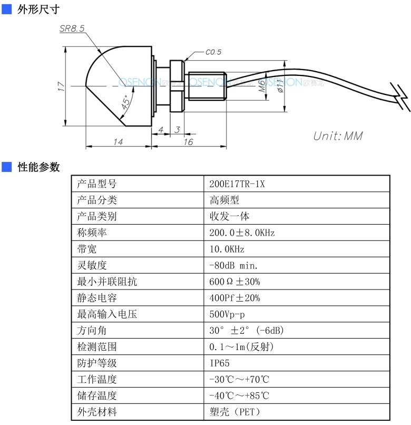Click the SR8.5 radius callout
click(x=72, y=28)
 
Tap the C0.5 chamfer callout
click(x=213, y=52)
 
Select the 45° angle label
click(x=125, y=102)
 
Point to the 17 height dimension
click(x=61, y=86)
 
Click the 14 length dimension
click(x=118, y=142)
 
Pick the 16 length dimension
click(x=188, y=142)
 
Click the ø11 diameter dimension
click(x=280, y=86)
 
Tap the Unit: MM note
click(x=338, y=136)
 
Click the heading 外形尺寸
click(x=38, y=9)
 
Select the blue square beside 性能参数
click(x=6, y=167)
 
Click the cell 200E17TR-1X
click(x=237, y=184)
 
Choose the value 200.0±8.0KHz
click(x=242, y=233)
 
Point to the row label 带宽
click(x=87, y=249)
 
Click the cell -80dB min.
click(x=233, y=265)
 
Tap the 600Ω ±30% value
click(x=234, y=282)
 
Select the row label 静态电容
click(x=97, y=298)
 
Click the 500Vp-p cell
click(x=227, y=314)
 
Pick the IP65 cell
click(x=219, y=363)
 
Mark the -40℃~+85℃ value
click(x=239, y=395)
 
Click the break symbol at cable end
click(x=400, y=97)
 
